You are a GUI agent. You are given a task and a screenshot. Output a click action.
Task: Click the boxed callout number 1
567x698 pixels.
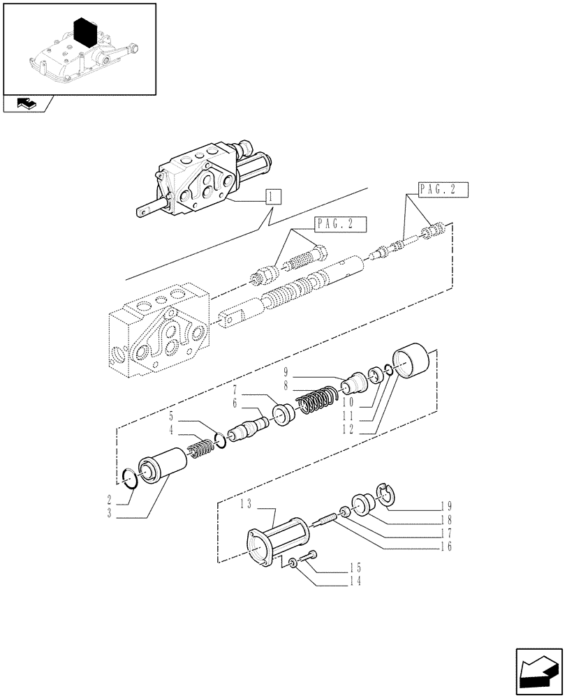click(x=271, y=196)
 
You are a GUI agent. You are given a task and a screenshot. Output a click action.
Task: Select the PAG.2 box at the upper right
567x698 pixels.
click(x=443, y=189)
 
